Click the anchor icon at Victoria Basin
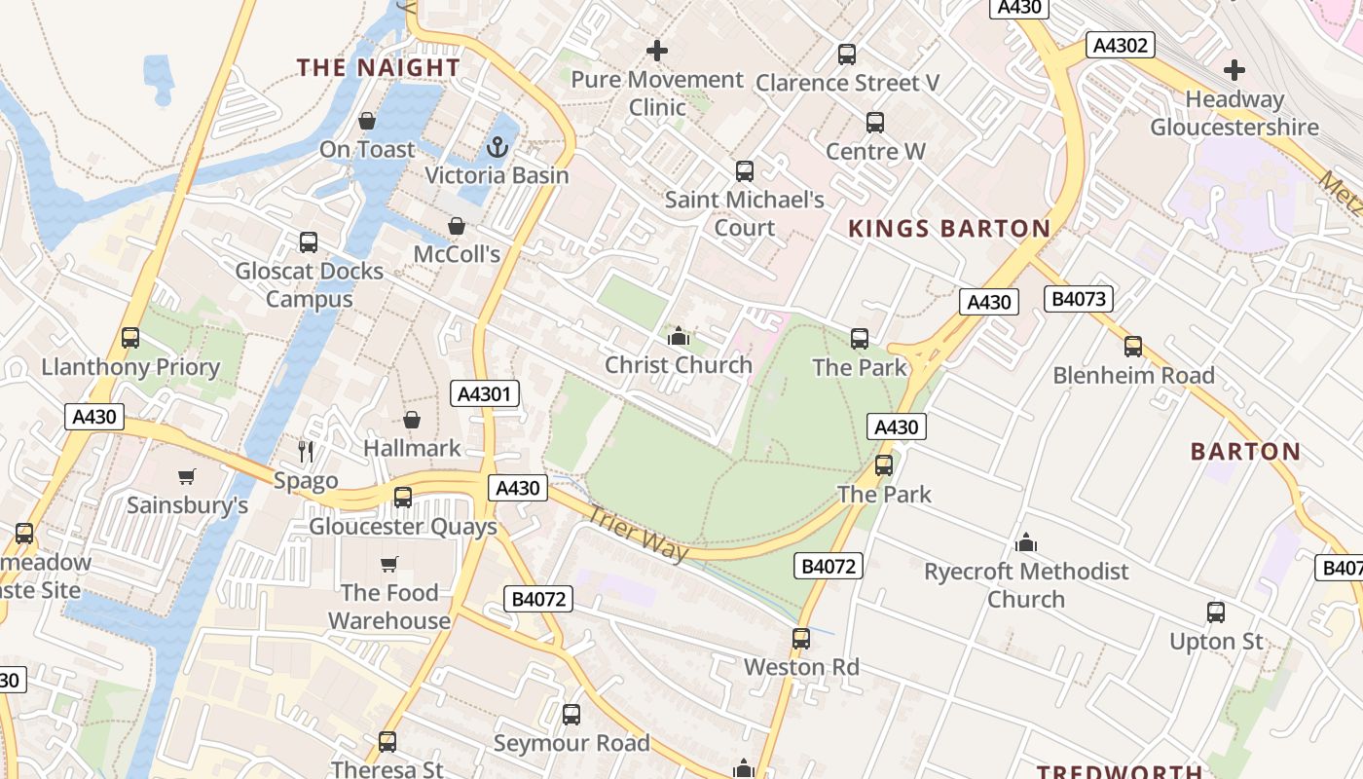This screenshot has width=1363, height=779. point(497,148)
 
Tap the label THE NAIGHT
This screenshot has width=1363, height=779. point(379,67)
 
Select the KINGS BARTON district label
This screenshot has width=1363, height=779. point(949,229)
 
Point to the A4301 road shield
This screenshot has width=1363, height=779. point(486,393)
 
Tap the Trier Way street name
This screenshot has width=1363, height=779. point(638,535)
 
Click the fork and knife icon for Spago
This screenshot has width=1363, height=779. point(306,451)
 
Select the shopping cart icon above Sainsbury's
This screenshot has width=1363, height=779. point(186,476)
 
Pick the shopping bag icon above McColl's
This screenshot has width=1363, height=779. point(456,227)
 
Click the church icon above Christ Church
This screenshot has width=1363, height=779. point(679,337)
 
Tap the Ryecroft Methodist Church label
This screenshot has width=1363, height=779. point(1026,584)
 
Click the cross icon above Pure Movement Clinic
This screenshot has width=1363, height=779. point(657,51)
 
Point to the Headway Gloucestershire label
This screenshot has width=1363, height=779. point(1234,113)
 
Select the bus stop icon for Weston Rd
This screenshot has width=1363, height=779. point(800,639)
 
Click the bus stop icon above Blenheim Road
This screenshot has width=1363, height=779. point(1132,347)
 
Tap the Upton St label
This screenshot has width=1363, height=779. point(1216,641)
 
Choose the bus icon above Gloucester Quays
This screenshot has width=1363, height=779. point(402,498)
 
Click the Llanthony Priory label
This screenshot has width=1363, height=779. point(130,367)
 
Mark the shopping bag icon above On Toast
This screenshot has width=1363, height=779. point(367,121)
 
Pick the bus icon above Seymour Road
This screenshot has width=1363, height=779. point(571,715)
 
